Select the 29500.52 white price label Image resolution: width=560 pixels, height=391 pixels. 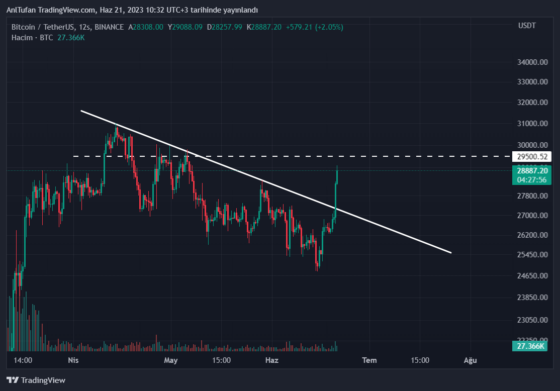pos(530,156)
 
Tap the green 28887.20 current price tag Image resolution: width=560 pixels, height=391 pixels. pos(530,171)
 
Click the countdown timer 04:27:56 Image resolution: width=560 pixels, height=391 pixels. pos(530,179)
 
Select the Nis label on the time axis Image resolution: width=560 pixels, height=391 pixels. pos(73,360)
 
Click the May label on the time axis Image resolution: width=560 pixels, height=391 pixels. pos(171,360)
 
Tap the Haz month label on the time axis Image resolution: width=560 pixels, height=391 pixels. pos(271,360)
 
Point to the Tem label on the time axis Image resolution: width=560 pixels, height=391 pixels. pos(370,360)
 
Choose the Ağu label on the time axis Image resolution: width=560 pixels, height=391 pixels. pos(470,360)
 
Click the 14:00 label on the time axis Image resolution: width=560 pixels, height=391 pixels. pos(23,360)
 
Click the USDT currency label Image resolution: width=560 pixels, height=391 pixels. pos(527,26)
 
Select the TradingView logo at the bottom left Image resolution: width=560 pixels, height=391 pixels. pos(36,380)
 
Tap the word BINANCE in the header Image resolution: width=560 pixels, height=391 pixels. pos(109,27)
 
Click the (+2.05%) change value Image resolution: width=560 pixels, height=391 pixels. pos(329,27)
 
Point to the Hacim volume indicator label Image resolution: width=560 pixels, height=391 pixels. pos(22,38)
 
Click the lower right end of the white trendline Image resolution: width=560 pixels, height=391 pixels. pos(451,252)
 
